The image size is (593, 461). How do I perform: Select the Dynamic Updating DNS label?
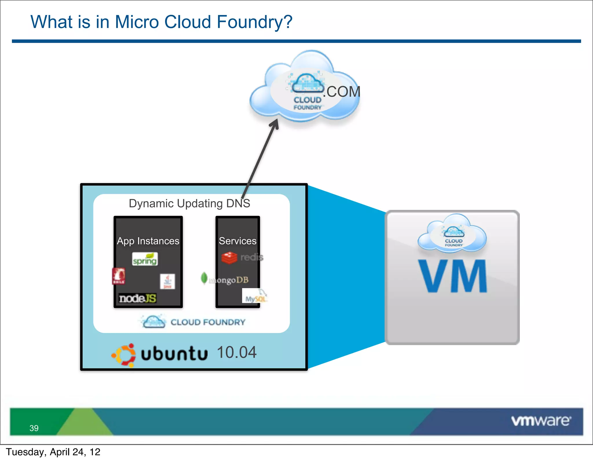[189, 203]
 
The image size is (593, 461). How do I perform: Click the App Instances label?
[148, 241]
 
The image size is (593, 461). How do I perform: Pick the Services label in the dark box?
[237, 241]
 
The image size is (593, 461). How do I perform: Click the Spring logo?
[145, 259]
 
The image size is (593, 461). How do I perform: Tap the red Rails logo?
[119, 276]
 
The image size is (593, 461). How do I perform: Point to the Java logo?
[167, 281]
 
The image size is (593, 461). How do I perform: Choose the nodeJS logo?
[138, 298]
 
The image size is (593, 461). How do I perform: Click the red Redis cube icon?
[229, 258]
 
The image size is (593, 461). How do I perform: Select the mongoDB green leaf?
[204, 278]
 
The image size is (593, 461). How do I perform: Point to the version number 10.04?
[237, 352]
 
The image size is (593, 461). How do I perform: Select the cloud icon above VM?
[452, 233]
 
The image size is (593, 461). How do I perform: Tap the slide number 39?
[34, 428]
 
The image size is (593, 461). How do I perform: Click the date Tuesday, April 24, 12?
[53, 452]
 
